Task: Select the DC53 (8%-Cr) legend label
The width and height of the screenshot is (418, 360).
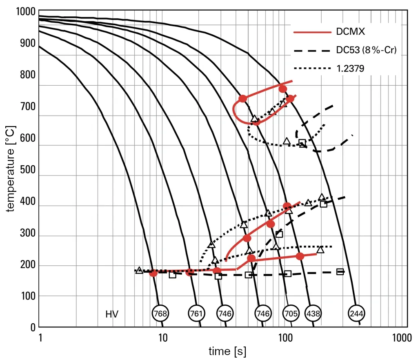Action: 365,51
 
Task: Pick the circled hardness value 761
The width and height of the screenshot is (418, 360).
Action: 196,313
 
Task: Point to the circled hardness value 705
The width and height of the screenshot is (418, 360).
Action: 290,313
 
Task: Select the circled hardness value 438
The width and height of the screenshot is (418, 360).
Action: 313,313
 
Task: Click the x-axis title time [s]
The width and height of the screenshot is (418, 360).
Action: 227,351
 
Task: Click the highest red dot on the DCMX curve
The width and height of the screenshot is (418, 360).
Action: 282,89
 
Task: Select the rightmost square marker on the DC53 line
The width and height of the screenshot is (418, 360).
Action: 340,271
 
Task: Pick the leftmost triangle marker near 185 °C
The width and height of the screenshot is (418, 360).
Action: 139,270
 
